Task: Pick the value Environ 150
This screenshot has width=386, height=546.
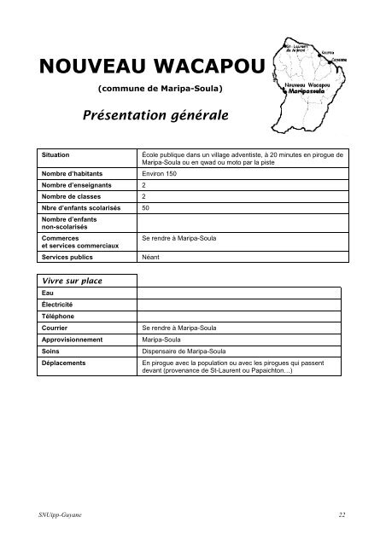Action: (x=161, y=173)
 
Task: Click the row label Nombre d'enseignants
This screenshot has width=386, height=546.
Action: (x=78, y=184)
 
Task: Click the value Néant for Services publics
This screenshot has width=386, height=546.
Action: (x=152, y=255)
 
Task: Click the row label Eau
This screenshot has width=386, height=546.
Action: (x=47, y=292)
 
